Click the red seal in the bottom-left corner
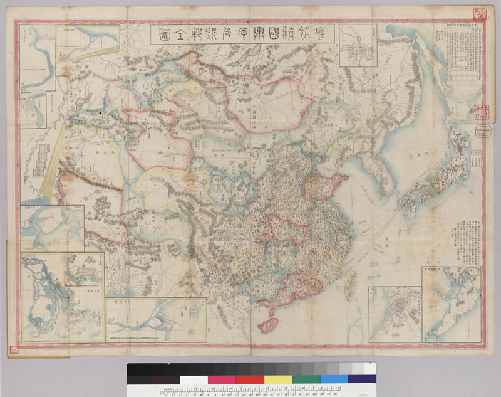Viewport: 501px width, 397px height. click(x=15, y=349)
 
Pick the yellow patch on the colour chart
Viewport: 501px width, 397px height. click(x=277, y=379)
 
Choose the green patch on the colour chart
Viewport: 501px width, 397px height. click(x=306, y=379)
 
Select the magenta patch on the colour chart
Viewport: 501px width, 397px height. click(x=222, y=379)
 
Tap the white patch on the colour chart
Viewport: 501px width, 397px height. click(x=194, y=379)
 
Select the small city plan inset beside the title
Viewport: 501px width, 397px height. click(x=358, y=45)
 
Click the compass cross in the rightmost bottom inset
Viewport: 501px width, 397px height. click(x=467, y=326)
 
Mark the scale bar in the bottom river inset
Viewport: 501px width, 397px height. click(x=150, y=339)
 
